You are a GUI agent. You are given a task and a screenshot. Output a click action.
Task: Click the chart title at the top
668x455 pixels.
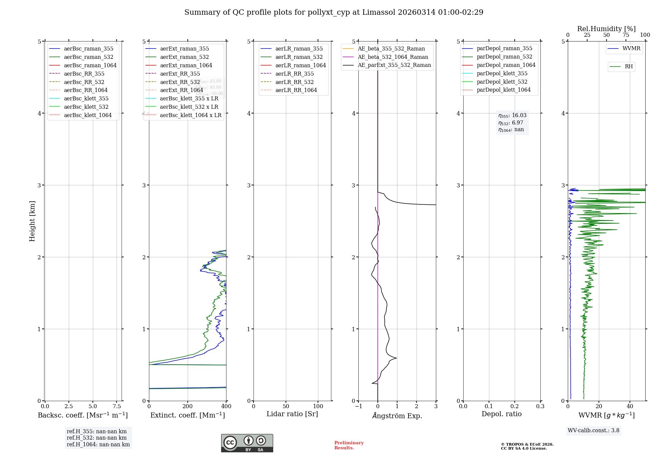click(x=334, y=12)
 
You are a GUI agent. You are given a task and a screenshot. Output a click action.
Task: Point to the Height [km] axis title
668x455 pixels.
click(x=32, y=221)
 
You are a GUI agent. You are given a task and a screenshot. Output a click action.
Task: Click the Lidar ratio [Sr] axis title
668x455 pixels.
click(x=292, y=414)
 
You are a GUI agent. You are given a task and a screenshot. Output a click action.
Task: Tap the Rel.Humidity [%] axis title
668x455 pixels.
click(x=606, y=29)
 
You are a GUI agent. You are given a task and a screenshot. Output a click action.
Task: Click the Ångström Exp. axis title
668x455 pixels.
click(x=397, y=416)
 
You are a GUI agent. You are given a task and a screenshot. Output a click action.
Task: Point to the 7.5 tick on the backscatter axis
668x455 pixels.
click(x=117, y=406)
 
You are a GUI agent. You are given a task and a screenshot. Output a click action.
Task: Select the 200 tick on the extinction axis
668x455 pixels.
click(x=188, y=406)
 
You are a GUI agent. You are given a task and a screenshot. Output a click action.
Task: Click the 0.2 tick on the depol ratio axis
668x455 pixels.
click(x=515, y=406)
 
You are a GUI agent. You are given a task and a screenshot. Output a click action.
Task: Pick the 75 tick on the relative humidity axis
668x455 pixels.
click(x=626, y=35)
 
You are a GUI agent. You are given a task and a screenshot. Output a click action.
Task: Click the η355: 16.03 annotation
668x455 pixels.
click(x=512, y=115)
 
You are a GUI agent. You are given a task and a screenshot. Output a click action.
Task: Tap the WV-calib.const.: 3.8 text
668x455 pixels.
click(x=594, y=430)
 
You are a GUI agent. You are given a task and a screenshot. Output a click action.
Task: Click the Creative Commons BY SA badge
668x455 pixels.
click(x=247, y=443)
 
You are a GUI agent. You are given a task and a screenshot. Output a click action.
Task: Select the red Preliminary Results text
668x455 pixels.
click(x=349, y=445)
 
